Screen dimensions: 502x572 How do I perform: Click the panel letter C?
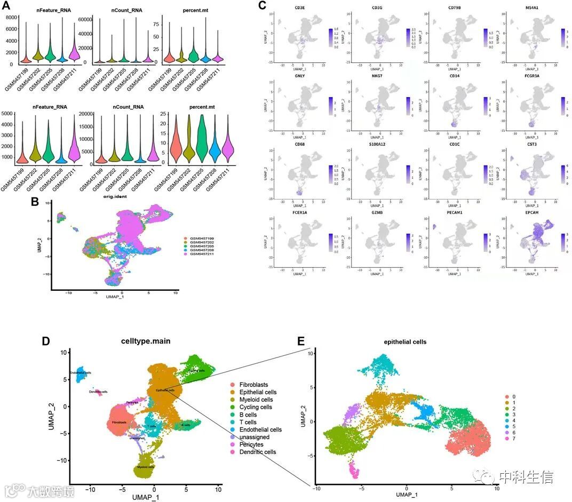[x=261, y=6]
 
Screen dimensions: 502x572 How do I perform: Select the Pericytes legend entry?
[x=255, y=444]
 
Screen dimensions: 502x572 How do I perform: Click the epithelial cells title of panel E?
[x=406, y=342]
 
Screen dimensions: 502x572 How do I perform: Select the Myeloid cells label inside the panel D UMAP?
[x=144, y=467]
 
